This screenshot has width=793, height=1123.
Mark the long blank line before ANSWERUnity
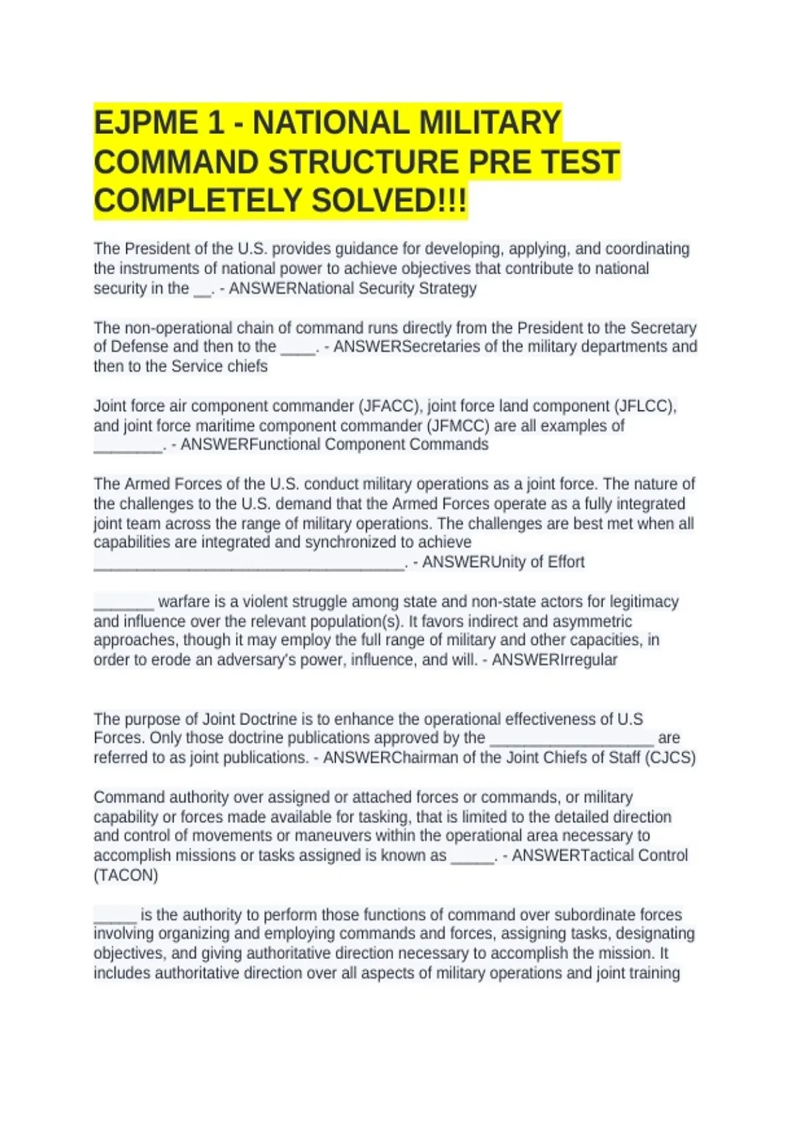[249, 563]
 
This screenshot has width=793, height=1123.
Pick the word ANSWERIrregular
[554, 660]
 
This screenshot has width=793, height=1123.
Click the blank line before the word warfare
[124, 602]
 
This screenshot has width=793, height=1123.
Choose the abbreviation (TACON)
[126, 875]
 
